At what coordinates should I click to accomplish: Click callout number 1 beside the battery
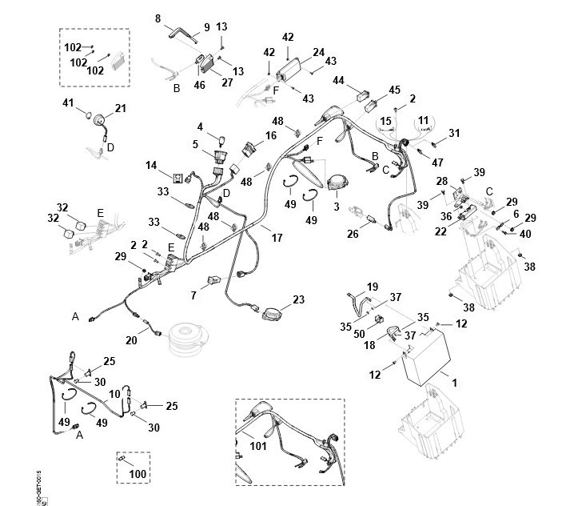tap(454, 384)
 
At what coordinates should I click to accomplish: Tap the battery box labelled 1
tap(426, 362)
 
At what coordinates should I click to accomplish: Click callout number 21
tap(121, 108)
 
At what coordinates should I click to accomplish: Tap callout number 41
tap(68, 103)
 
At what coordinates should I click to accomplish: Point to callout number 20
tap(133, 340)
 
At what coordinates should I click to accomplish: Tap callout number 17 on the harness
tap(277, 238)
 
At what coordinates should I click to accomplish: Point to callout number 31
tap(454, 133)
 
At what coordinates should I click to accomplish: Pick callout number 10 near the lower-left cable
tap(114, 393)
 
